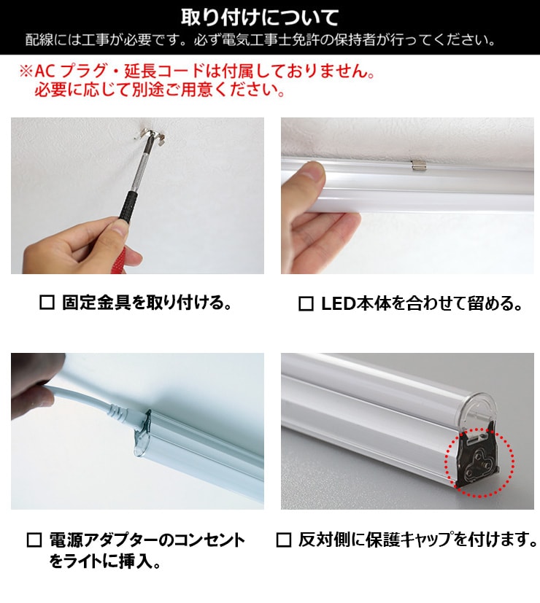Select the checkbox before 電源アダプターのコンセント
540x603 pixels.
click(34, 540)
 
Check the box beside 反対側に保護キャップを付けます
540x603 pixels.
click(284, 540)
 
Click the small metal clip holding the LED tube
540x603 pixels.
click(417, 165)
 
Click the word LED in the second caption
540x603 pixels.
click(337, 303)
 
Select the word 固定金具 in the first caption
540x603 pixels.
click(87, 303)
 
